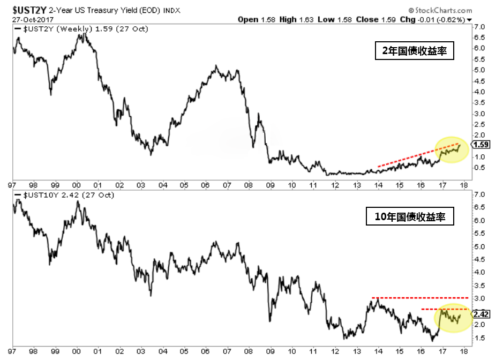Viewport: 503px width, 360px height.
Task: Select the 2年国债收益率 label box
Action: point(414,52)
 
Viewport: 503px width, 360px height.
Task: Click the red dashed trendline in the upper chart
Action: point(418,155)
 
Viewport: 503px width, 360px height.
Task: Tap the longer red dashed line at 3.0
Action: point(419,297)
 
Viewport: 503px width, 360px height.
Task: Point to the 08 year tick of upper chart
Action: point(248,185)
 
